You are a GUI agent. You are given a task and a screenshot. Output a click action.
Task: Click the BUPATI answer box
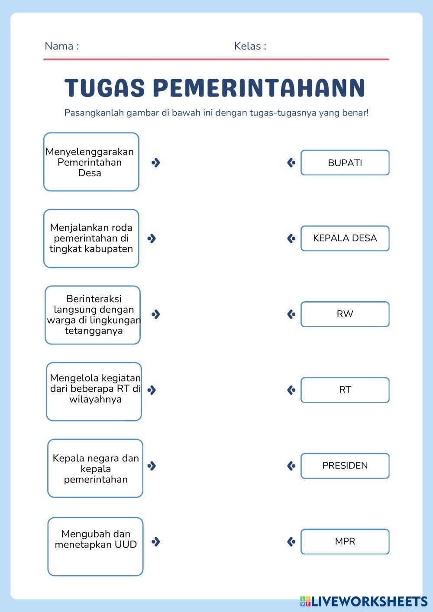345,163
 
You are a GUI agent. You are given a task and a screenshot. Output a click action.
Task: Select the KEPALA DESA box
345,238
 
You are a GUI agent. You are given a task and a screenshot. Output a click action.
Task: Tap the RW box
345,314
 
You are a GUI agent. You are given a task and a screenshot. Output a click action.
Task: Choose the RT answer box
345,390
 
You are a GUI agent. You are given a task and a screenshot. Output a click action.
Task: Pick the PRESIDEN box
345,466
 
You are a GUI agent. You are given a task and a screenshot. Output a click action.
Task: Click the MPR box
345,541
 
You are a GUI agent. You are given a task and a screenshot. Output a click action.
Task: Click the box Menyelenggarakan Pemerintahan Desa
91,162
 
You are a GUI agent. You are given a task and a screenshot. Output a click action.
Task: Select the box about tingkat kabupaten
91,238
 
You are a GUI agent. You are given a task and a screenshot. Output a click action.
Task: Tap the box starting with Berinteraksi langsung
93,315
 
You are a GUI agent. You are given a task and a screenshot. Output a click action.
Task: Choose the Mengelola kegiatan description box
94,391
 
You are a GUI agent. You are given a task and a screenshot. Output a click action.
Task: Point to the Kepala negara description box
95,468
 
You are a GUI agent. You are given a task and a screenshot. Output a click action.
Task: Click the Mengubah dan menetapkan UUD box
95,546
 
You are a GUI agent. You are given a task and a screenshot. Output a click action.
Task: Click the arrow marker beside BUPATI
291,163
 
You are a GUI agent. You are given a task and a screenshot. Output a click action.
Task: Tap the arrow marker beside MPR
291,541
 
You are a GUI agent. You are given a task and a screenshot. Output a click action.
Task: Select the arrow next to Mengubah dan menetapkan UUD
156,541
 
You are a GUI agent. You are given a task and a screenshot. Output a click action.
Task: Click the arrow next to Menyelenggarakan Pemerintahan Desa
156,163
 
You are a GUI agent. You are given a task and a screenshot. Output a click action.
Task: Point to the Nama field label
62,46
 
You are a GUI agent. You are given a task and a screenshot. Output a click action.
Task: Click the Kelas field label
250,46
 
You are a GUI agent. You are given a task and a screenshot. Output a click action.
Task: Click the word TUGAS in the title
104,87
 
